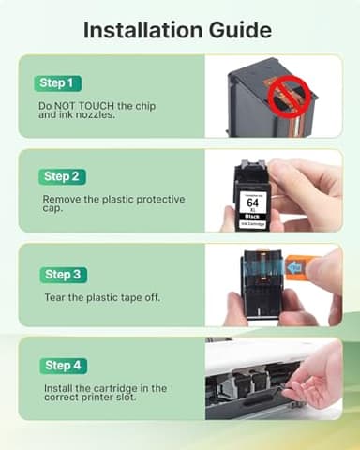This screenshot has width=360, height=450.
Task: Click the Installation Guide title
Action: coord(178,29)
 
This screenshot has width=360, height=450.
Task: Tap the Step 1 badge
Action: coord(59,83)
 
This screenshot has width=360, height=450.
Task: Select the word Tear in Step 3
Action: coord(53,297)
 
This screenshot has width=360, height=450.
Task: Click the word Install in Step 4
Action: coord(57,387)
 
